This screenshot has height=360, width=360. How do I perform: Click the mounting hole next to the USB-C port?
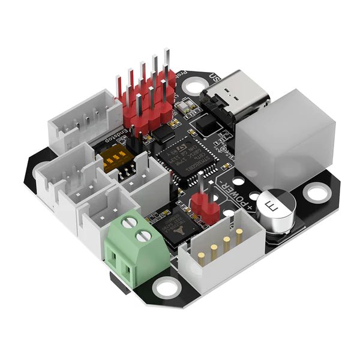[x=193, y=86]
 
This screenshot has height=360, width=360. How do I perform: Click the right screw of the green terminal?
[x=142, y=237]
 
